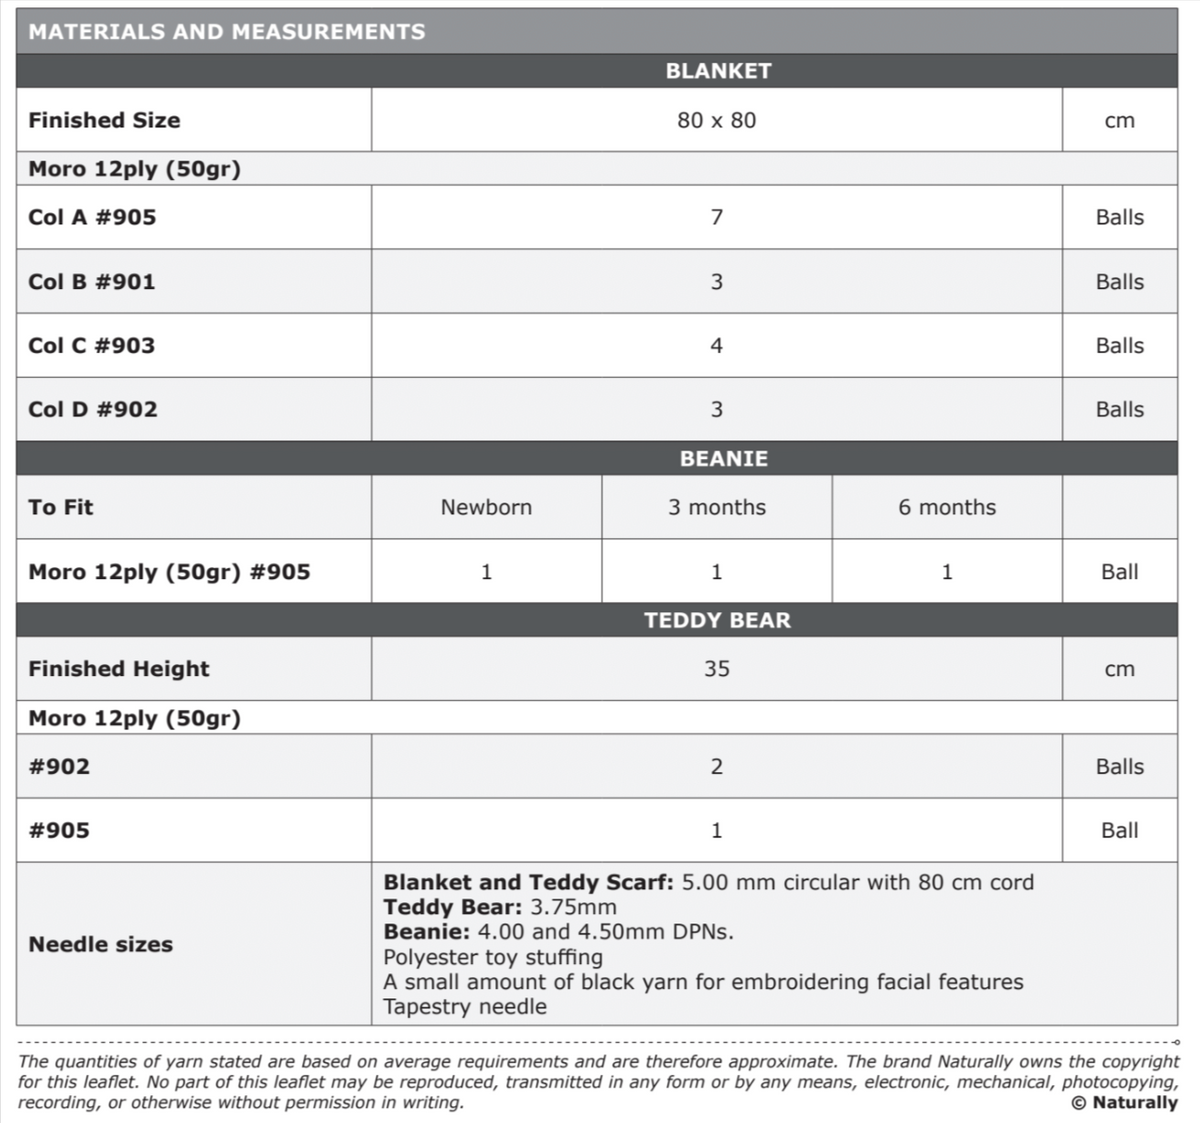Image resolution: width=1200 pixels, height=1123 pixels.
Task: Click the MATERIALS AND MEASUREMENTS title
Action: pyautogui.click(x=226, y=31)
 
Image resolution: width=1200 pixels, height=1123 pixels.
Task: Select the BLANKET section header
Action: pyautogui.click(x=718, y=71)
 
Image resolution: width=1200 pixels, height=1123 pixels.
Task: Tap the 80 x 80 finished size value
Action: pyautogui.click(x=716, y=120)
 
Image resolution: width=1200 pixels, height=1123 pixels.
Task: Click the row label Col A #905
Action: pyautogui.click(x=92, y=217)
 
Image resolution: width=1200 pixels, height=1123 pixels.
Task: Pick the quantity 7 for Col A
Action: pyautogui.click(x=716, y=217)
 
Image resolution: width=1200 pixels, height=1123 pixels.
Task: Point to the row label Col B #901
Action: pyautogui.click(x=92, y=282)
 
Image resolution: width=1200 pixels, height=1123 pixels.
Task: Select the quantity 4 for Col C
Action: pyautogui.click(x=716, y=346)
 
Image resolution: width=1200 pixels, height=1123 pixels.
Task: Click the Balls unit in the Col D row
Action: pyautogui.click(x=1119, y=409)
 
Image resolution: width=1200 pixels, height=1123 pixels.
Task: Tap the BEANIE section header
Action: pyautogui.click(x=723, y=459)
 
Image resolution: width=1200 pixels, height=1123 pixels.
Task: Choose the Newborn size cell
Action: pyautogui.click(x=486, y=507)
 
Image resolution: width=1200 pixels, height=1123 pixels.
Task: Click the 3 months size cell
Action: pyautogui.click(x=716, y=507)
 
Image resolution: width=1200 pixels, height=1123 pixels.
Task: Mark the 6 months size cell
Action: pyautogui.click(x=946, y=507)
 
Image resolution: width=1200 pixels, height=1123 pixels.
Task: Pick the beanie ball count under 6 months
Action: pyautogui.click(x=946, y=572)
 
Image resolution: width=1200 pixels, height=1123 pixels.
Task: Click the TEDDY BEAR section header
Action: pyautogui.click(x=717, y=620)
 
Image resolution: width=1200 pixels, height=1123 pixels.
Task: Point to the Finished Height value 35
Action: pyautogui.click(x=716, y=669)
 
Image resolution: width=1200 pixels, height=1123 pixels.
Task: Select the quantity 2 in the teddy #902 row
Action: pyautogui.click(x=716, y=767)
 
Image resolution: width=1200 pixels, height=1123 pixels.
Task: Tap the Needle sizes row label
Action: pyautogui.click(x=100, y=944)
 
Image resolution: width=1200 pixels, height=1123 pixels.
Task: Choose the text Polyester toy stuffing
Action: pyautogui.click(x=493, y=957)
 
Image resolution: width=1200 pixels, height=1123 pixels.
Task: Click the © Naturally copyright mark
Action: pyautogui.click(x=1124, y=1102)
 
